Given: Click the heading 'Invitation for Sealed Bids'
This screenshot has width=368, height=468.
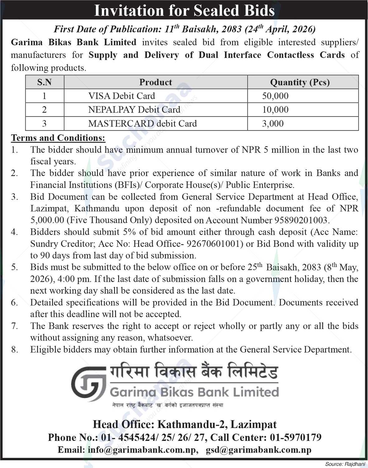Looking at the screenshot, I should pyautogui.click(x=184, y=10).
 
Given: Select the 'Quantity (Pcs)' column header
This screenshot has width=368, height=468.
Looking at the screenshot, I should pyautogui.click(x=300, y=82).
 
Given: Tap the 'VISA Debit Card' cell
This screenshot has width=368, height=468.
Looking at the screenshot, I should pyautogui.click(x=122, y=96).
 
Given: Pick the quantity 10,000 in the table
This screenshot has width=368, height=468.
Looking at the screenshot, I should pyautogui.click(x=275, y=110).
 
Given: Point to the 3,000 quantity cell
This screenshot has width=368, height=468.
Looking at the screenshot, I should pyautogui.click(x=273, y=123).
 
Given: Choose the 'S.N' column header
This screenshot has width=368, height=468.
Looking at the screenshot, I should pyautogui.click(x=45, y=82).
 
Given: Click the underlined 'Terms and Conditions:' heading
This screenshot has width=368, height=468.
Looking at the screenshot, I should pyautogui.click(x=58, y=138).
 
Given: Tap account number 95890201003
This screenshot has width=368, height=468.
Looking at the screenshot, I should pyautogui.click(x=301, y=220).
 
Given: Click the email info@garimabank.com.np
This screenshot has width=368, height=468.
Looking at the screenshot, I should pyautogui.click(x=142, y=450).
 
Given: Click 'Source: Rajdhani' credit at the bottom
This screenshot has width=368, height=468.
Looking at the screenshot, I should pyautogui.click(x=345, y=464).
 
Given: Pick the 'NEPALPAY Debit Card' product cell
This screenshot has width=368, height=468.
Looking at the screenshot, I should pyautogui.click(x=134, y=110).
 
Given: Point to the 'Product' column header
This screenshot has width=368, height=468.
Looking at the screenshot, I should pyautogui.click(x=155, y=82).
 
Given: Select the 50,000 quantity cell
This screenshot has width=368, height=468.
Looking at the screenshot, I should pyautogui.click(x=275, y=96).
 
